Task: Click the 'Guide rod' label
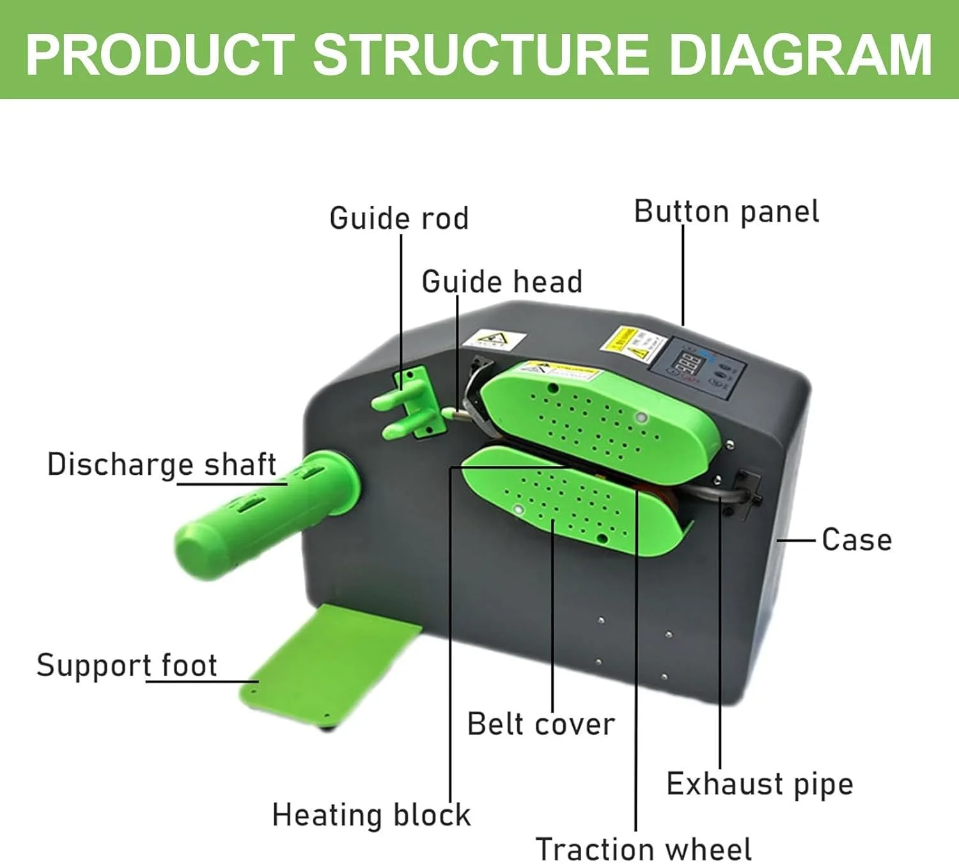pyautogui.click(x=399, y=219)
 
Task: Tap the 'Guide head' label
pyautogui.click(x=502, y=282)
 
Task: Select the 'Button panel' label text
pyautogui.click(x=726, y=212)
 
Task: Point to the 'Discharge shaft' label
pyautogui.click(x=162, y=465)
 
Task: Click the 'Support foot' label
pyautogui.click(x=127, y=665)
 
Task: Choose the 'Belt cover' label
pyautogui.click(x=541, y=724)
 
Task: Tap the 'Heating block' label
pyautogui.click(x=371, y=815)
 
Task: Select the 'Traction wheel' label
pyautogui.click(x=643, y=849)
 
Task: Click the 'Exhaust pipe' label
pyautogui.click(x=760, y=783)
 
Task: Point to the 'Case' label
pyautogui.click(x=857, y=539)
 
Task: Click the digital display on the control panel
pyautogui.click(x=689, y=366)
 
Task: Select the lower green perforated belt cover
pyautogui.click(x=569, y=502)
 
